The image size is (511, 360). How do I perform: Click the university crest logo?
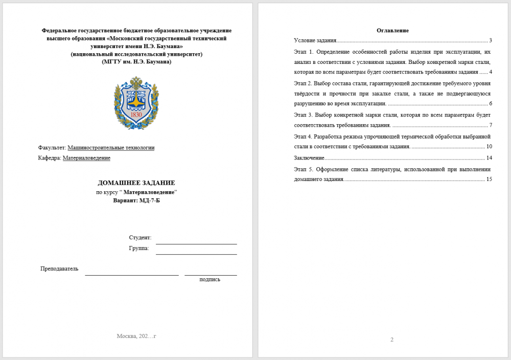point(136,103)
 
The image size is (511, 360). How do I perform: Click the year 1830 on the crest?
point(136,115)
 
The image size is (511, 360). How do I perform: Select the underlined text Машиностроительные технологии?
point(111,148)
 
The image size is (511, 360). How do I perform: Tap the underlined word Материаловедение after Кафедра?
point(86,158)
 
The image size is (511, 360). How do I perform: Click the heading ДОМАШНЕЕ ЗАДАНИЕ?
point(136,183)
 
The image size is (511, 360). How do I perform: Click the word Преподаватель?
point(59,268)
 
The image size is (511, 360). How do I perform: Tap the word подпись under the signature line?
point(210,279)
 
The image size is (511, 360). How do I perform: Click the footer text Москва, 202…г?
point(136,336)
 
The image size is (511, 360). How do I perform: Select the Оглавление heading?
point(392,31)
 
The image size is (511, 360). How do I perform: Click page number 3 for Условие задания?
point(490,40)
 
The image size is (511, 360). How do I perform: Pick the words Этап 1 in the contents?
point(303,52)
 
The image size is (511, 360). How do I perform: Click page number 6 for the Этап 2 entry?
point(490,104)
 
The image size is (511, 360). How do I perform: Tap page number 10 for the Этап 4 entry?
point(489,147)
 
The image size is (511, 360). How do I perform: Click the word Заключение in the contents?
point(309,158)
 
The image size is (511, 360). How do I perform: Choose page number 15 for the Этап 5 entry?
point(489,179)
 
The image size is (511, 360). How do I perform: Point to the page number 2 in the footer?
point(392,340)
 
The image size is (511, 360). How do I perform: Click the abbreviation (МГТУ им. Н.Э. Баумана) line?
point(136,62)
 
